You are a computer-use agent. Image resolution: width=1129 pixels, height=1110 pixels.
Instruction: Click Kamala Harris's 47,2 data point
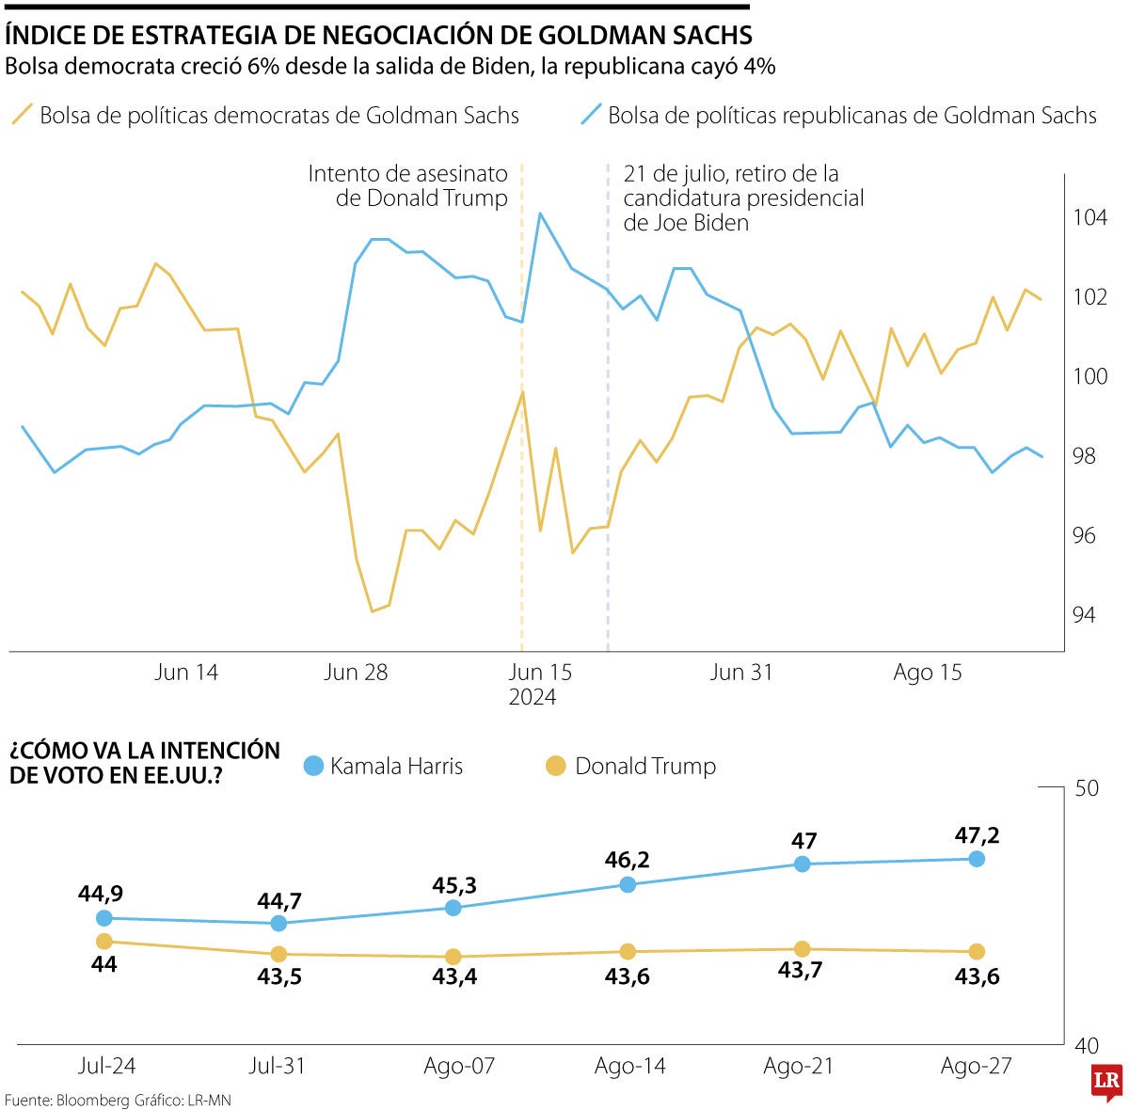tap(977, 859)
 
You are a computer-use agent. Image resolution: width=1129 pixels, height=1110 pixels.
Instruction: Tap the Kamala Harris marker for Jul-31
tap(278, 923)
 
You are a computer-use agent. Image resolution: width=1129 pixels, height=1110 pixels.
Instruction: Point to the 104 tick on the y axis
tap(1091, 218)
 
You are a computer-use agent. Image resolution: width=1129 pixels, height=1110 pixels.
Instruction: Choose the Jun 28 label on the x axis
tap(356, 673)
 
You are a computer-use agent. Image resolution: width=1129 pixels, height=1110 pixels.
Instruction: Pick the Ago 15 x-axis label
tap(928, 673)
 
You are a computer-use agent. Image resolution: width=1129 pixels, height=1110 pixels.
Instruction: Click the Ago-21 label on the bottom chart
tap(798, 1066)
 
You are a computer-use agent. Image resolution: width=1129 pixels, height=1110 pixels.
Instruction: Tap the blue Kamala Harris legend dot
tap(313, 766)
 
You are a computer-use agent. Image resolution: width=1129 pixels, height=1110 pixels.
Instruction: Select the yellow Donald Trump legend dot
tap(556, 766)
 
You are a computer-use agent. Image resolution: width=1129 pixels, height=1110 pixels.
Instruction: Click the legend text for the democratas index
tap(279, 116)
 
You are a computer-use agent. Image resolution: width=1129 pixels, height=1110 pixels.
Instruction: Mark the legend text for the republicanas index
tap(851, 116)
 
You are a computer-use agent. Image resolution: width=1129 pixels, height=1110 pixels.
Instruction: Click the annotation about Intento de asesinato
tap(409, 186)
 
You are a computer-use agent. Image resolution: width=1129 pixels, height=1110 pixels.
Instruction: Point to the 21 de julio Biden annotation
tap(743, 198)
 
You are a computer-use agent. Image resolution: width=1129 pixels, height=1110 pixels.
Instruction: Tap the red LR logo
tap(1105, 1083)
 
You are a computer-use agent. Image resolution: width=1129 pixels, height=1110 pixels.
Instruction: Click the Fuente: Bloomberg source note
tap(118, 1100)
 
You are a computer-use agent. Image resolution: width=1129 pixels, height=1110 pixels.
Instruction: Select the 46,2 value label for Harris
tap(628, 860)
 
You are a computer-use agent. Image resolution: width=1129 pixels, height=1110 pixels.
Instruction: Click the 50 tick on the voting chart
tap(1087, 787)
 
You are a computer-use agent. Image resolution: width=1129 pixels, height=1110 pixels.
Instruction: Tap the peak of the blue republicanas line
tap(540, 214)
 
